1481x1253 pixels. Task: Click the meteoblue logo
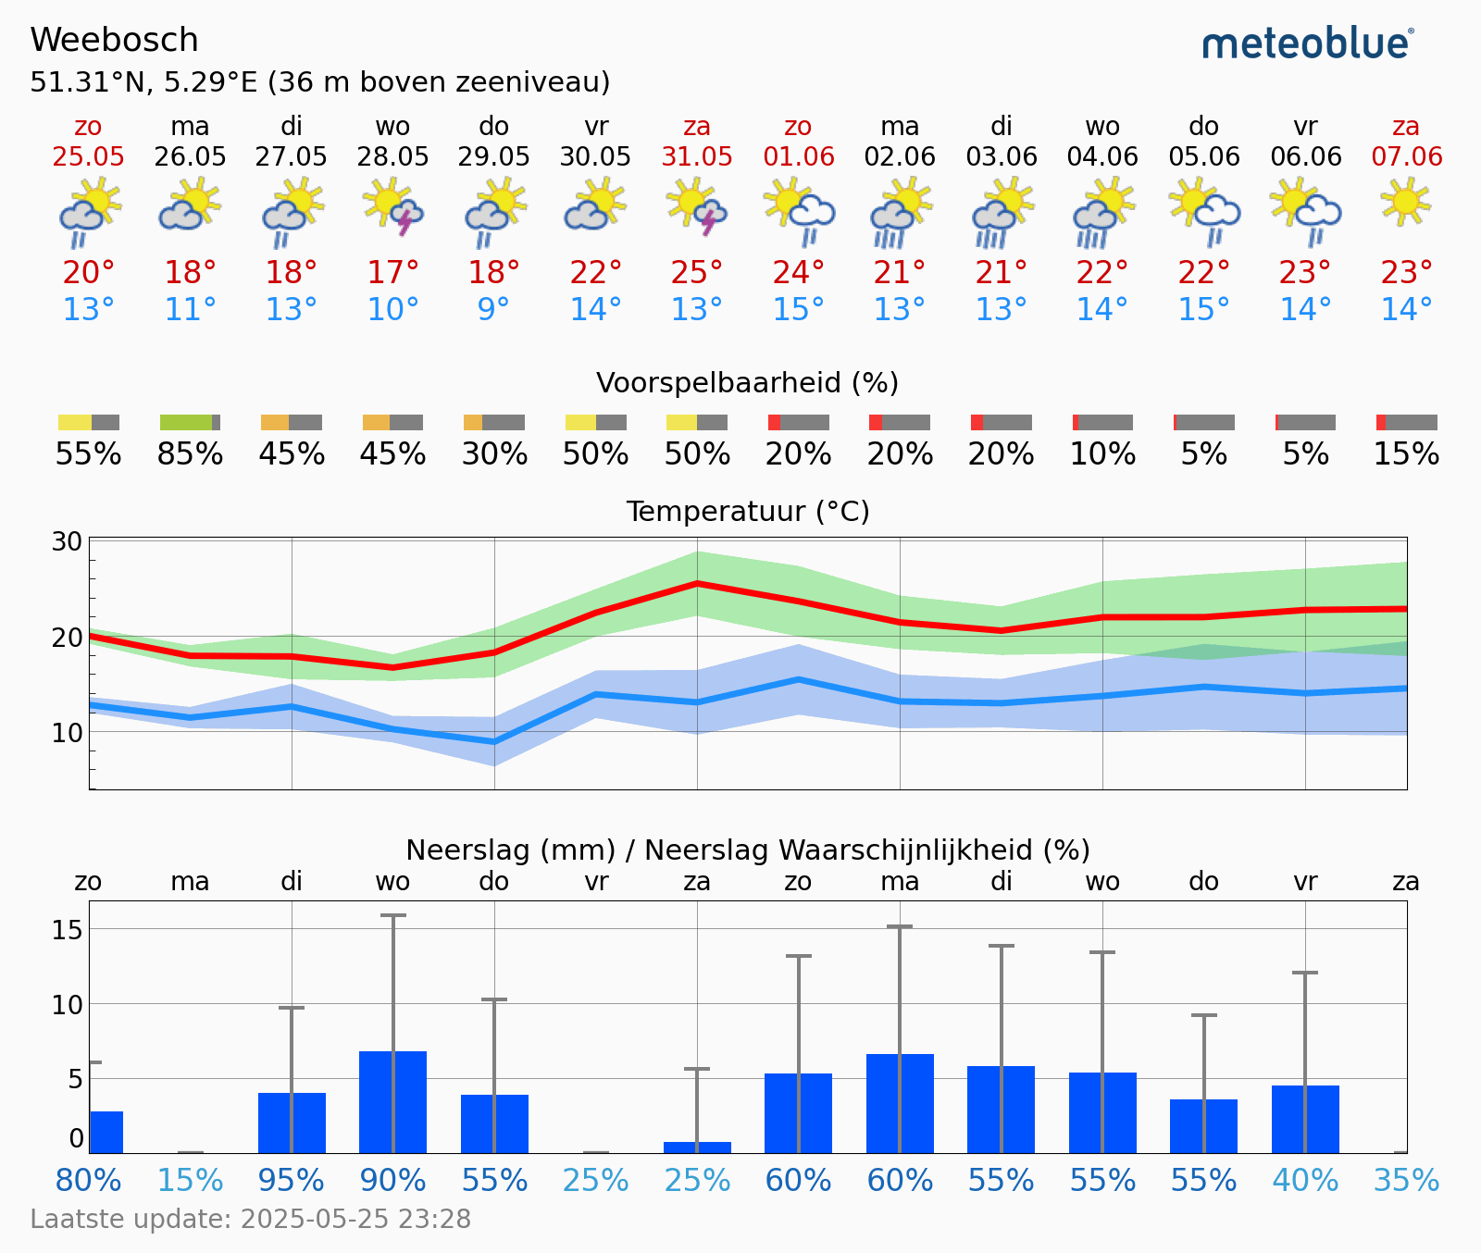[1307, 43]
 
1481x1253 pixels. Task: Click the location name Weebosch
[114, 40]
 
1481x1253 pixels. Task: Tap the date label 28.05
[392, 156]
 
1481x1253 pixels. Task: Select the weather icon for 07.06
[1405, 202]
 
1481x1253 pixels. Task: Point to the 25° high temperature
[697, 273]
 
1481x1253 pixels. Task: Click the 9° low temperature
[493, 309]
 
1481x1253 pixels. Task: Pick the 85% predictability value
[190, 454]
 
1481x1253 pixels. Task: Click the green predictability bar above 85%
[186, 423]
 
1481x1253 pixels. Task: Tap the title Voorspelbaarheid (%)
[747, 382]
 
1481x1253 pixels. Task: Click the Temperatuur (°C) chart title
[747, 511]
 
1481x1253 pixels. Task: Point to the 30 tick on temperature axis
[67, 541]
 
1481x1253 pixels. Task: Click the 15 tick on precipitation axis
[67, 930]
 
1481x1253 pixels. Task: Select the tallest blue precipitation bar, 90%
[392, 1101]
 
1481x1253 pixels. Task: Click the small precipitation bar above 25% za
[697, 1148]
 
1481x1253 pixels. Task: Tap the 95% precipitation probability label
[292, 1181]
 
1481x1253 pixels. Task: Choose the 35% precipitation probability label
[1406, 1181]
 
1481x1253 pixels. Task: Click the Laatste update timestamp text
[251, 1219]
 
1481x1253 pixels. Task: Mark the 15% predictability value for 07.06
[1406, 454]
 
